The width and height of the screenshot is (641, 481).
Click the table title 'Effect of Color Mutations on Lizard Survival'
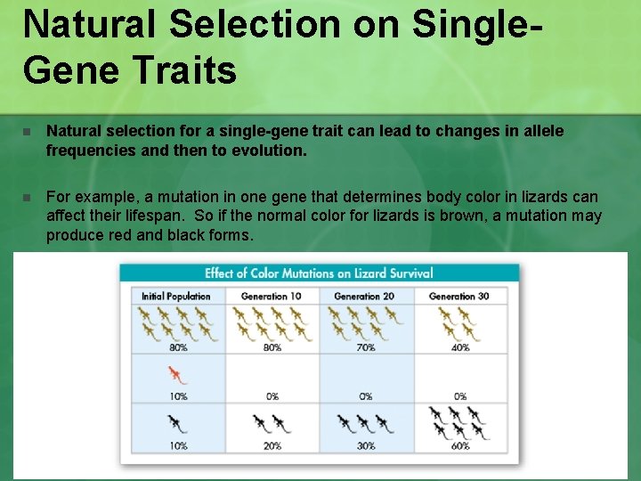pos(319,273)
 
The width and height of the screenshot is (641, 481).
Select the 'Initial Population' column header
pos(176,296)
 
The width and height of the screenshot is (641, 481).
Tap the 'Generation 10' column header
pos(271,296)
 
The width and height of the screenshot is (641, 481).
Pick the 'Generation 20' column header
pos(364,296)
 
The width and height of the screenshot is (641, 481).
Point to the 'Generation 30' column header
pos(458,296)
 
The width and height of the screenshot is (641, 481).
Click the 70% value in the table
pos(366,347)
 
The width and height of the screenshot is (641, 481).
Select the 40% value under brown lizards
pos(460,347)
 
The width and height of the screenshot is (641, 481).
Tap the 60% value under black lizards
pos(460,445)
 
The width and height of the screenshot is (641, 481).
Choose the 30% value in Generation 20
pos(366,445)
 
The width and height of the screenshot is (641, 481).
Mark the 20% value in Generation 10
pos(272,445)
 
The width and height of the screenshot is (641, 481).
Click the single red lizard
pos(177,374)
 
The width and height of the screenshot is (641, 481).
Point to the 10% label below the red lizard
pos(177,396)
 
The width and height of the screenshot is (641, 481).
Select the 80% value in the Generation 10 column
pos(272,347)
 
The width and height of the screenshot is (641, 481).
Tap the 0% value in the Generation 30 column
pos(460,396)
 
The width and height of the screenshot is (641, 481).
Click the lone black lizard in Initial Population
pos(177,424)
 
